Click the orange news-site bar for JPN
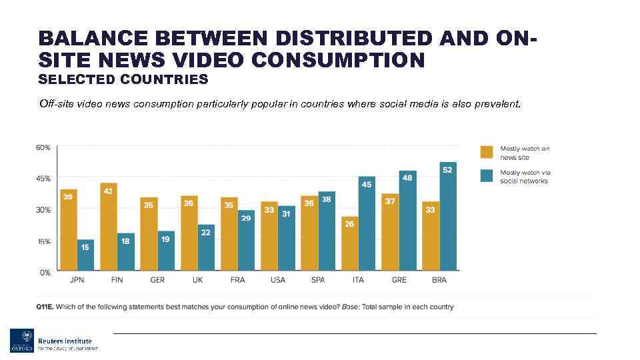[x=69, y=231]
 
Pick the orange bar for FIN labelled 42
[x=109, y=227]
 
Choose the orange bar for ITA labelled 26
[x=349, y=244]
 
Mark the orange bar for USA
[x=269, y=237]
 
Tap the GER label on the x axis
[x=157, y=280]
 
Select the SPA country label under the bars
[x=318, y=280]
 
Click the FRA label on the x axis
[x=237, y=280]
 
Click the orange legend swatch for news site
[x=487, y=153]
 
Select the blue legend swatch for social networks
[x=487, y=177]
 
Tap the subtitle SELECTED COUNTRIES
[x=123, y=80]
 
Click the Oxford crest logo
[x=20, y=341]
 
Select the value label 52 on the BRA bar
[x=447, y=169]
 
